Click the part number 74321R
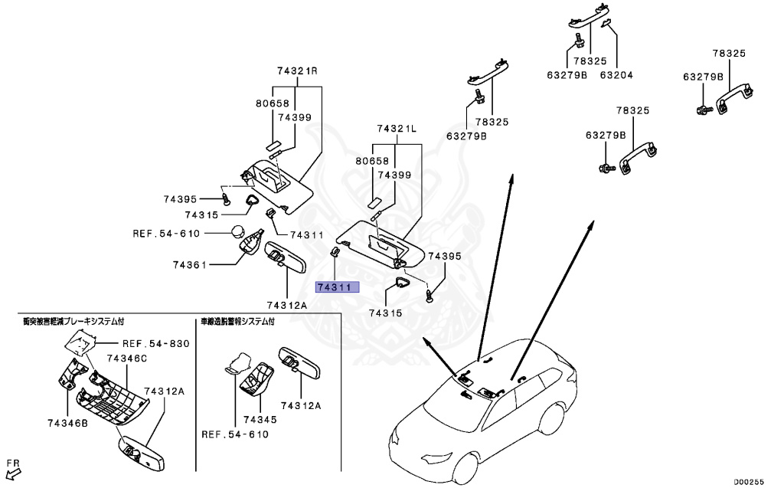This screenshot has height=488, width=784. (x=297, y=71)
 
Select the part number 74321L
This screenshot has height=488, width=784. (x=396, y=129)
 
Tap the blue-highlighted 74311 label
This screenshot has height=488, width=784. (x=333, y=287)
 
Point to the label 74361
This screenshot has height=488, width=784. (x=189, y=264)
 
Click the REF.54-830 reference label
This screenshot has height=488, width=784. (x=155, y=343)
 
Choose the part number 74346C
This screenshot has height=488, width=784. (x=126, y=358)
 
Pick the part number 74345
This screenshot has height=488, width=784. (x=260, y=420)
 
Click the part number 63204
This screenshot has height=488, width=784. (x=616, y=75)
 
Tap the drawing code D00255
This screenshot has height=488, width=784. (x=750, y=481)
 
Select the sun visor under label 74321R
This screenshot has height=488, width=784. (x=276, y=182)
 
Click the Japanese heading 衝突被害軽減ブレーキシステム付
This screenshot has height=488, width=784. (x=73, y=322)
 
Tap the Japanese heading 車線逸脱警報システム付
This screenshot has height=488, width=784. (x=237, y=322)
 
